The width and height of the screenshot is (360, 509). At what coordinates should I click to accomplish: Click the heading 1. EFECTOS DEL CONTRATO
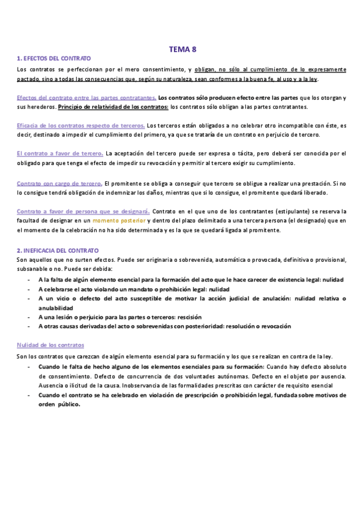click(x=54, y=59)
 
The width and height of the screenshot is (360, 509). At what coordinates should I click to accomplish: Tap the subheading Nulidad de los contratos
click(x=50, y=345)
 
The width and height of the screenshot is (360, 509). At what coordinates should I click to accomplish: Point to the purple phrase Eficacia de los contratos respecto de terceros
click(x=81, y=125)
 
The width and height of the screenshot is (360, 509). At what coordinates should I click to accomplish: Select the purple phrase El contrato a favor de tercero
click(x=59, y=154)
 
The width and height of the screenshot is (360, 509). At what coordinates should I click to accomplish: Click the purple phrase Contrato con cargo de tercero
click(x=59, y=182)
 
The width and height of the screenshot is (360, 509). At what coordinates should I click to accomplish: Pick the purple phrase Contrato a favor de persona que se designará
click(x=83, y=211)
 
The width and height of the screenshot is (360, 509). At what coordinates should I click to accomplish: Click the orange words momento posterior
click(x=122, y=221)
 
